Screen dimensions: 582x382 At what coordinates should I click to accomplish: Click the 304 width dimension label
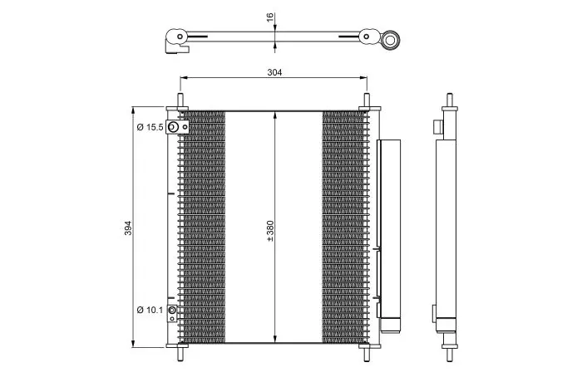click(x=274, y=72)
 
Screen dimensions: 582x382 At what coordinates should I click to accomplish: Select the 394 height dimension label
click(x=128, y=228)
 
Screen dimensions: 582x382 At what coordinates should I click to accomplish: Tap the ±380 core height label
click(x=270, y=232)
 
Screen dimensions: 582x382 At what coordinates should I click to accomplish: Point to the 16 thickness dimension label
click(x=270, y=17)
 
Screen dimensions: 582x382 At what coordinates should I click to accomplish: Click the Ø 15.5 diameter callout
click(x=150, y=127)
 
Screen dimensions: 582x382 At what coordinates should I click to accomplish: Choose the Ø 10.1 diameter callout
click(x=150, y=310)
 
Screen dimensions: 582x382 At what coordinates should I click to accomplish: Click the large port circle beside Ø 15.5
click(x=173, y=127)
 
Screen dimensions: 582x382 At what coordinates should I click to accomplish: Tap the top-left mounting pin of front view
click(x=180, y=100)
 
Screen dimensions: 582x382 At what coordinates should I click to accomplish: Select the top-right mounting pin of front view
click(x=367, y=100)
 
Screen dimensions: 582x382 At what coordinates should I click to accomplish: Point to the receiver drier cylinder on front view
click(x=391, y=236)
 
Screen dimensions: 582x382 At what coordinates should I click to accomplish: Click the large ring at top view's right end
click(x=391, y=39)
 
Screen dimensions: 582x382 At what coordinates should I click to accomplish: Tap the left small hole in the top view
click(x=180, y=37)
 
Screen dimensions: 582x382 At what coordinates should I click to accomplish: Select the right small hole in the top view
click(x=367, y=37)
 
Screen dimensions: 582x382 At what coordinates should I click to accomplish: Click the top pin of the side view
click(x=450, y=100)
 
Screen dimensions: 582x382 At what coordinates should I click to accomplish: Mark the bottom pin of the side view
click(x=450, y=354)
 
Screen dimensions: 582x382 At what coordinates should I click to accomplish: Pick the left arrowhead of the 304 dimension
click(x=184, y=77)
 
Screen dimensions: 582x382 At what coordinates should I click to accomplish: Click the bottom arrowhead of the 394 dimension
click(x=132, y=344)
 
